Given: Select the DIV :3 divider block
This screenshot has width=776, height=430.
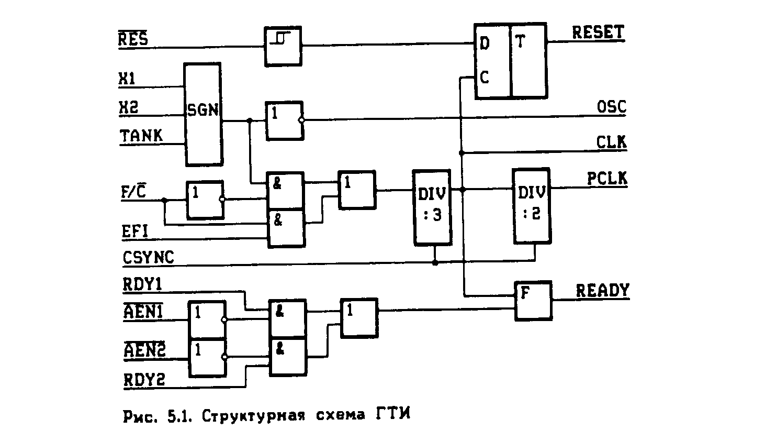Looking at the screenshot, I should pyautogui.click(x=432, y=207).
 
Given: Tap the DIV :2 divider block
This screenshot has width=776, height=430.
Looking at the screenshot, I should pyautogui.click(x=531, y=206).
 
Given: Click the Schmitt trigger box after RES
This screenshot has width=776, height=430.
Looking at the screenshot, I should pyautogui.click(x=283, y=46).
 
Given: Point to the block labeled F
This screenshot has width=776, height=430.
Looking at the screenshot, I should pyautogui.click(x=533, y=300).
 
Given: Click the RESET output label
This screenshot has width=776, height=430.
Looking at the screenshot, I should pyautogui.click(x=598, y=32).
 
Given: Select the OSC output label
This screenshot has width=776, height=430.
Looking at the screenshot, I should pyautogui.click(x=611, y=107).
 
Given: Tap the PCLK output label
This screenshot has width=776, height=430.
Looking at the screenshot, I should pyautogui.click(x=606, y=179).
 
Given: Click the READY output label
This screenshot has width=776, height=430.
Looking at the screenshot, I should pyautogui.click(x=602, y=291).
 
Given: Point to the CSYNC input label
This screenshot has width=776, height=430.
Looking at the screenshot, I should pyautogui.click(x=148, y=258).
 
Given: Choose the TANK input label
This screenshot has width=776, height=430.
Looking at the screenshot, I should pyautogui.click(x=141, y=136).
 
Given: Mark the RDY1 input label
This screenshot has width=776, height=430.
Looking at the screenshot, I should pyautogui.click(x=142, y=284).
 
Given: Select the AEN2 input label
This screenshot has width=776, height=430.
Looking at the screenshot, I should pyautogui.click(x=144, y=350).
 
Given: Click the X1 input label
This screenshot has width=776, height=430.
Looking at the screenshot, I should pyautogui.click(x=127, y=79).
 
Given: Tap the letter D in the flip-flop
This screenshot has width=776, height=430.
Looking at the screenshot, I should pyautogui.click(x=485, y=44).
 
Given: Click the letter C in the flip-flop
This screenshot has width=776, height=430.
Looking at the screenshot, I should pyautogui.click(x=484, y=78).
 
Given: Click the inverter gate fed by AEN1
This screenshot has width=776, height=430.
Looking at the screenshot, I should pyautogui.click(x=207, y=319).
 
